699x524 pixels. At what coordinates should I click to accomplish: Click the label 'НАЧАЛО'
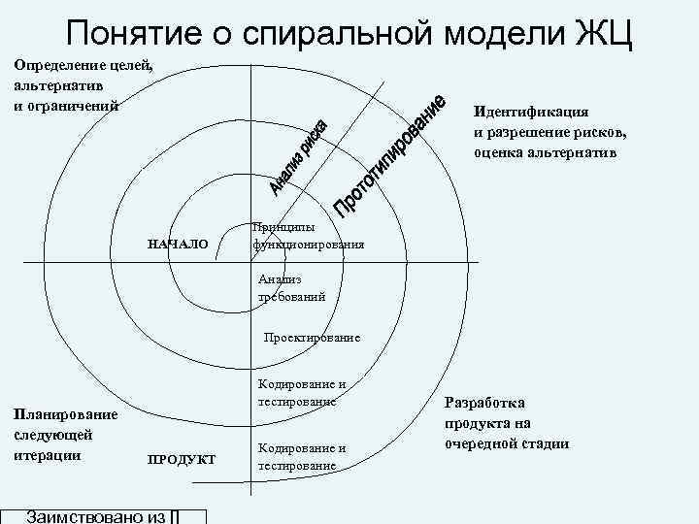tap(178, 243)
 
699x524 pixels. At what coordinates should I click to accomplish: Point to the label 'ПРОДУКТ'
tap(182, 459)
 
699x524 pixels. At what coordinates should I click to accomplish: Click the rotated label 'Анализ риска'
tap(304, 156)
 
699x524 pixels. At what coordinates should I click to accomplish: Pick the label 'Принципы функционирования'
tap(308, 236)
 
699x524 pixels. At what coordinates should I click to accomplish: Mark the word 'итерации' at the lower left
tap(46, 454)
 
